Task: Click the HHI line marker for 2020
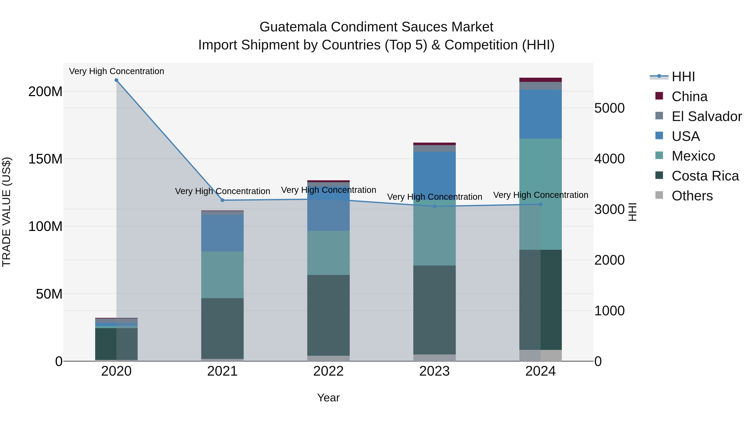pos(116,80)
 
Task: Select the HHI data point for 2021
pos(223,200)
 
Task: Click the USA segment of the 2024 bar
pos(540,114)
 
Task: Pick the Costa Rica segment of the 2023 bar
pos(434,310)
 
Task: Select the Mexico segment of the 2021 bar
pos(223,275)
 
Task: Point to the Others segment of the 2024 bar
pos(540,356)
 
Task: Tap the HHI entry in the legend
pos(683,77)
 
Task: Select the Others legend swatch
pos(659,195)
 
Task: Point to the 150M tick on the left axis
pos(45,159)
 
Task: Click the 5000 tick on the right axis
pos(610,108)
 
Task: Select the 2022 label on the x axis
pos(328,371)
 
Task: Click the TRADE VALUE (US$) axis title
pos(6,212)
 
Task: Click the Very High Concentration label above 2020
pos(116,71)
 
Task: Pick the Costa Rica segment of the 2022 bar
pos(328,316)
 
